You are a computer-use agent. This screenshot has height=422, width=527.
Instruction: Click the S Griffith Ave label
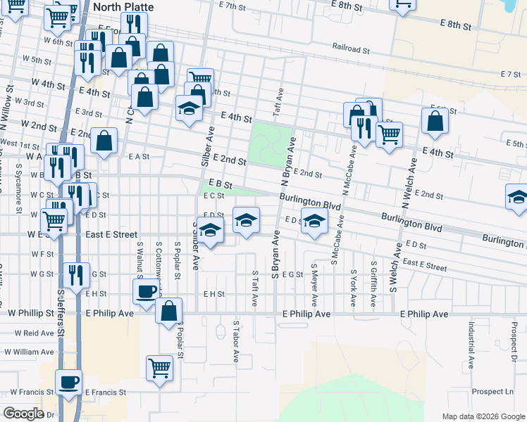(373, 284)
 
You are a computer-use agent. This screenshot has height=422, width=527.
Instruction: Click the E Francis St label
(105, 392)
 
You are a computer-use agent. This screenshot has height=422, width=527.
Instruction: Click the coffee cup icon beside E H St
(147, 290)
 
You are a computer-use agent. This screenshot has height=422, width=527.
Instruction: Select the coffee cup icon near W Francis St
(69, 382)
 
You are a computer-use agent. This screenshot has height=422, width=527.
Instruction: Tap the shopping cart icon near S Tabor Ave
(160, 367)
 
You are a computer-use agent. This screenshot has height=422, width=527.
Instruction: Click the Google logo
(23, 414)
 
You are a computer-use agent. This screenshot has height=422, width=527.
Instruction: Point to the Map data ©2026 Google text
(483, 416)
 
